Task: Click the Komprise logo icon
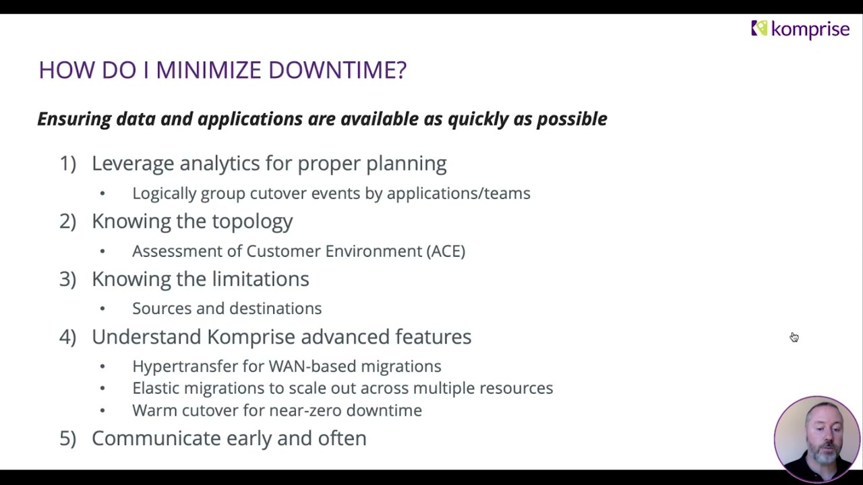click(x=759, y=28)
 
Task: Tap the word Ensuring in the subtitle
click(x=73, y=119)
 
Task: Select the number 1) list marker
click(x=67, y=164)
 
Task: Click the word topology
click(x=252, y=222)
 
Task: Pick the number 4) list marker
click(x=67, y=337)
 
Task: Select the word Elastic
click(x=156, y=389)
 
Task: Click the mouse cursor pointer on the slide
click(x=794, y=337)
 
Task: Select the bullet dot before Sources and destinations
click(x=102, y=309)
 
